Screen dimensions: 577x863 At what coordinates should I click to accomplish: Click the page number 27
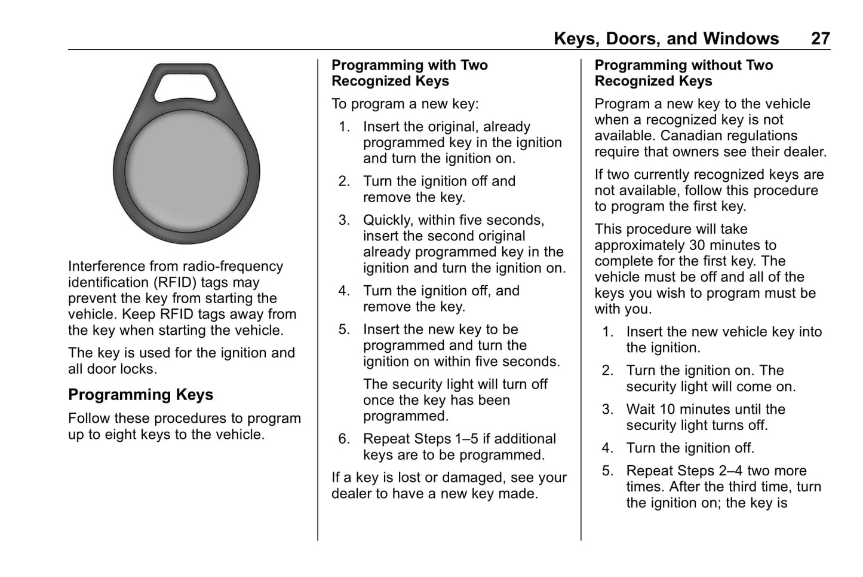pos(820,39)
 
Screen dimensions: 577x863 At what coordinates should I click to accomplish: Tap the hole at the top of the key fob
pos(186,85)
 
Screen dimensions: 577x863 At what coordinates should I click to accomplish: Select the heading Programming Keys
pos(140,395)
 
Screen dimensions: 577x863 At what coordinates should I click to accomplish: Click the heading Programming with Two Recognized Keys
pos(410,73)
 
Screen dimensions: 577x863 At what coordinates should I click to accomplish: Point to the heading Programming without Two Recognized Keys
pos(683,73)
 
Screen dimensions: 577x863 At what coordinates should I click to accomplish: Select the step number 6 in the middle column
pos(343,439)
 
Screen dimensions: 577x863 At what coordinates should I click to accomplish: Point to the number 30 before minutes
pos(698,245)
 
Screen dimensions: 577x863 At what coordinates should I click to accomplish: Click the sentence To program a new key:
pos(405,104)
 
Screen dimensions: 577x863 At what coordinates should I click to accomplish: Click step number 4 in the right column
pos(607,448)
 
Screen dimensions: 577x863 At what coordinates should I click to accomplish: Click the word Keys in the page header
pos(576,39)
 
